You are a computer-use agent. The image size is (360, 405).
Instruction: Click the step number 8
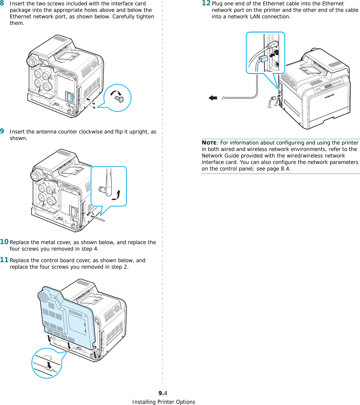click(x=2, y=3)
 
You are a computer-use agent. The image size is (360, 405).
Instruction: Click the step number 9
click(x=2, y=131)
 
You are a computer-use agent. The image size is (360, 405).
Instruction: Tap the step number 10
click(x=4, y=242)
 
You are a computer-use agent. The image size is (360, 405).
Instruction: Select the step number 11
click(x=4, y=260)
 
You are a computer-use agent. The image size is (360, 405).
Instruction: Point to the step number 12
click(x=206, y=3)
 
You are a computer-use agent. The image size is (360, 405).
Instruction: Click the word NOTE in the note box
click(x=209, y=143)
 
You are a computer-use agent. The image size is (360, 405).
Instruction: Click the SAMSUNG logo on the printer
click(x=330, y=96)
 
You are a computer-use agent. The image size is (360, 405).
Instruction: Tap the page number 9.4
click(x=163, y=393)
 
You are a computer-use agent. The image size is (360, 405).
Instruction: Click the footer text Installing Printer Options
click(x=164, y=402)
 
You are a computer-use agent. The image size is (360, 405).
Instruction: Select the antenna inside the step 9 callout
click(x=109, y=182)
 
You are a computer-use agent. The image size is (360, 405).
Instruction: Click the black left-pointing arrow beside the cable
click(x=213, y=98)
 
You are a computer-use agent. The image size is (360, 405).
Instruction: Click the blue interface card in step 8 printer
click(x=70, y=97)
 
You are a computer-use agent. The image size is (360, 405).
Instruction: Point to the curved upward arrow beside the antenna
click(x=117, y=195)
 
